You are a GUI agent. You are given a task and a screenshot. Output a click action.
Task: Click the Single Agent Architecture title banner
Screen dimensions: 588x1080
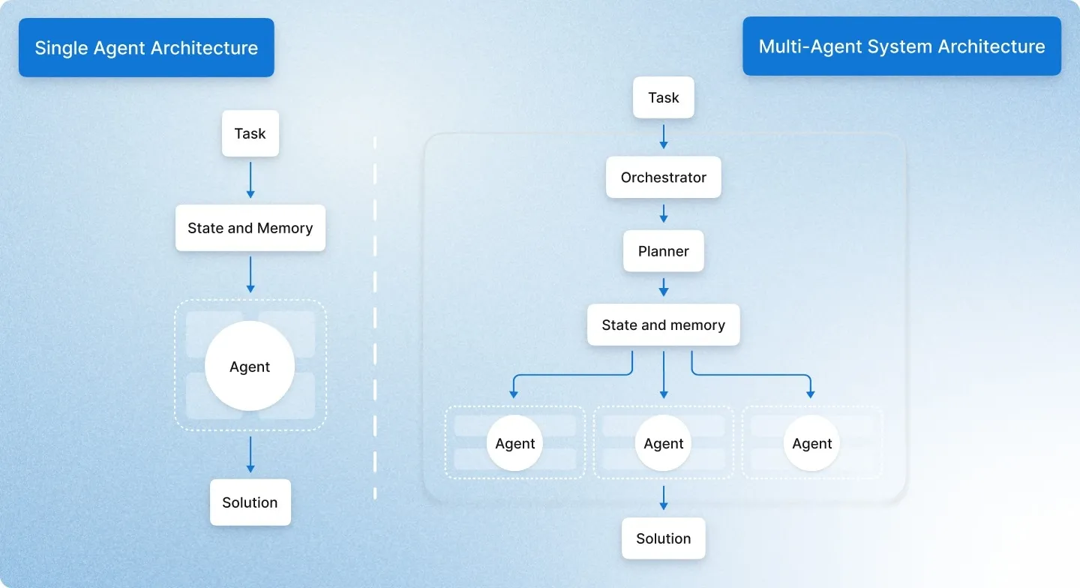coord(146,48)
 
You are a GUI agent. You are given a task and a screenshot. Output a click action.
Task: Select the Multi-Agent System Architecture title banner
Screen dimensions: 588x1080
coord(901,46)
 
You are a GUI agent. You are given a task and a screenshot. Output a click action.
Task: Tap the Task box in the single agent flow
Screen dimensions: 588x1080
coord(250,133)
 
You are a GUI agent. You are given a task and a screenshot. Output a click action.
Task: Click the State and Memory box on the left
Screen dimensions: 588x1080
coord(250,228)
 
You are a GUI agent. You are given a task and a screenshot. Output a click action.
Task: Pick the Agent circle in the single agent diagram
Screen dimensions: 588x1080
coord(250,367)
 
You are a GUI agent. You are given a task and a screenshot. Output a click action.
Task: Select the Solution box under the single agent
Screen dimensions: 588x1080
coord(250,502)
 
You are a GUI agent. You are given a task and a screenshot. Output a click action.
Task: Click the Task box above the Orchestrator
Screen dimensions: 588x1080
coord(664,97)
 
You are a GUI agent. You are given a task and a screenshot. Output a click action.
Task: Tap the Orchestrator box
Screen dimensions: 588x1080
coord(664,178)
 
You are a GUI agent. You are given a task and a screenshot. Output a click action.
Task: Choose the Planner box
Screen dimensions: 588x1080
coord(664,251)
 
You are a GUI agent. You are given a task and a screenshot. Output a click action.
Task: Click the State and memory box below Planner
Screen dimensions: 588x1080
coord(664,325)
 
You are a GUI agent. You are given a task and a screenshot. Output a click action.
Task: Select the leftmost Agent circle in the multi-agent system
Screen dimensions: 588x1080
coord(515,443)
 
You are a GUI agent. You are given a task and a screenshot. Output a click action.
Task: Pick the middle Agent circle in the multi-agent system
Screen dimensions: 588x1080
coord(664,443)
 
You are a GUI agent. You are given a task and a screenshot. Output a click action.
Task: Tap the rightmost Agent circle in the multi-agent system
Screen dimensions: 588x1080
coord(812,443)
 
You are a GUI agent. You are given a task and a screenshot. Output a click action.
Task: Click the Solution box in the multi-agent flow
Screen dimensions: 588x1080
coord(664,538)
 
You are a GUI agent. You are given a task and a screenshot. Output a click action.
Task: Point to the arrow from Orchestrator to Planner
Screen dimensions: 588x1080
coord(664,214)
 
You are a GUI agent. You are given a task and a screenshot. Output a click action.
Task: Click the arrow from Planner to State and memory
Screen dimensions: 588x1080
coord(664,287)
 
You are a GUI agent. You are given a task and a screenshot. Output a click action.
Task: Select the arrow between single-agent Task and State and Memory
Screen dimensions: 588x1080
coord(250,180)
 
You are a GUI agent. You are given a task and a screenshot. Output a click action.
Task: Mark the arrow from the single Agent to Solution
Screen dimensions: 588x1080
coord(250,454)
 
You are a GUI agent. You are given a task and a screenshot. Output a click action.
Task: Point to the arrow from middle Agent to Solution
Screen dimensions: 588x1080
coord(664,497)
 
